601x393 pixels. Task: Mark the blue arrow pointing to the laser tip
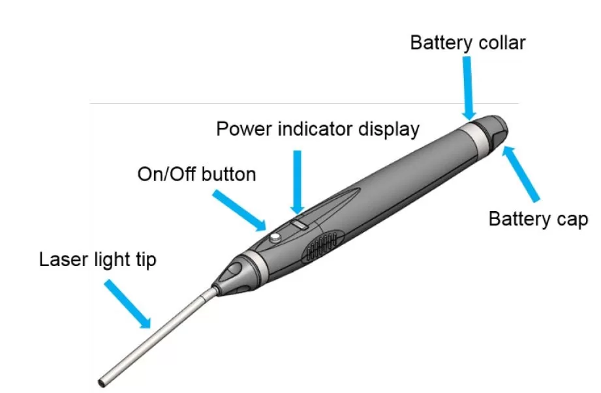128,303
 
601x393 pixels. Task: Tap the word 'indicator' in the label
313,129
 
